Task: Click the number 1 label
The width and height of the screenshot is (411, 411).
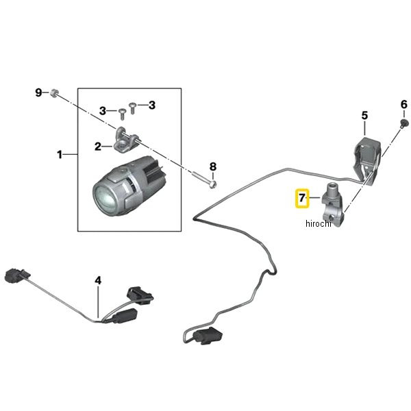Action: tap(60, 155)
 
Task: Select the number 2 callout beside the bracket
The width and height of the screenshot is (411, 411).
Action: tap(98, 145)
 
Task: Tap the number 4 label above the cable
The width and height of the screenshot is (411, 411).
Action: tap(98, 280)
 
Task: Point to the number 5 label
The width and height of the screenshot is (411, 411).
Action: tap(364, 116)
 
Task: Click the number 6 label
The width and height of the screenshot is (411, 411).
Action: tap(403, 105)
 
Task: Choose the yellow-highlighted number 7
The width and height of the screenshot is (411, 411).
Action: tap(301, 199)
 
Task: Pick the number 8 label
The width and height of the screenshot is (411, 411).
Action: tap(212, 166)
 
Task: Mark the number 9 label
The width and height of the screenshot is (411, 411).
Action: tap(39, 92)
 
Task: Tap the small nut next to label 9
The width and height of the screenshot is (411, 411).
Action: tap(55, 92)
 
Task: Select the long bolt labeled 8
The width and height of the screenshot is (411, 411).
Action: tap(205, 180)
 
